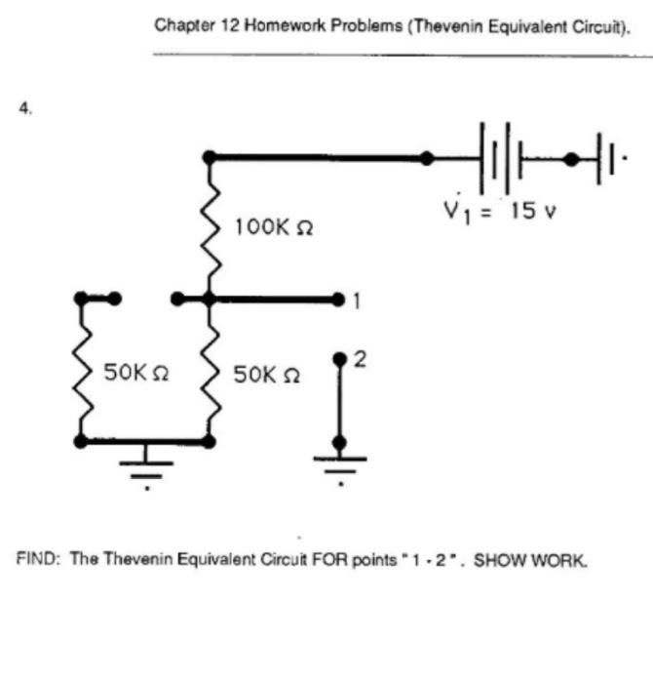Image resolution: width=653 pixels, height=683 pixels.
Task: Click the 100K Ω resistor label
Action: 274,228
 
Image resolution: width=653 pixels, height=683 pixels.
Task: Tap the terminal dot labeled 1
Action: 339,298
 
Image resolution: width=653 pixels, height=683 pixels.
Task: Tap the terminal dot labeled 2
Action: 340,359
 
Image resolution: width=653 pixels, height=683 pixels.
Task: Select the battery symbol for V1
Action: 499,156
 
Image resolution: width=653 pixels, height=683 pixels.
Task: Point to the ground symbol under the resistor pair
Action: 147,461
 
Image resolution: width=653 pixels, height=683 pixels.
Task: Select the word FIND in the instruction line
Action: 37,561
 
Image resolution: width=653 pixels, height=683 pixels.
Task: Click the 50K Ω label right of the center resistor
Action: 266,372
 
